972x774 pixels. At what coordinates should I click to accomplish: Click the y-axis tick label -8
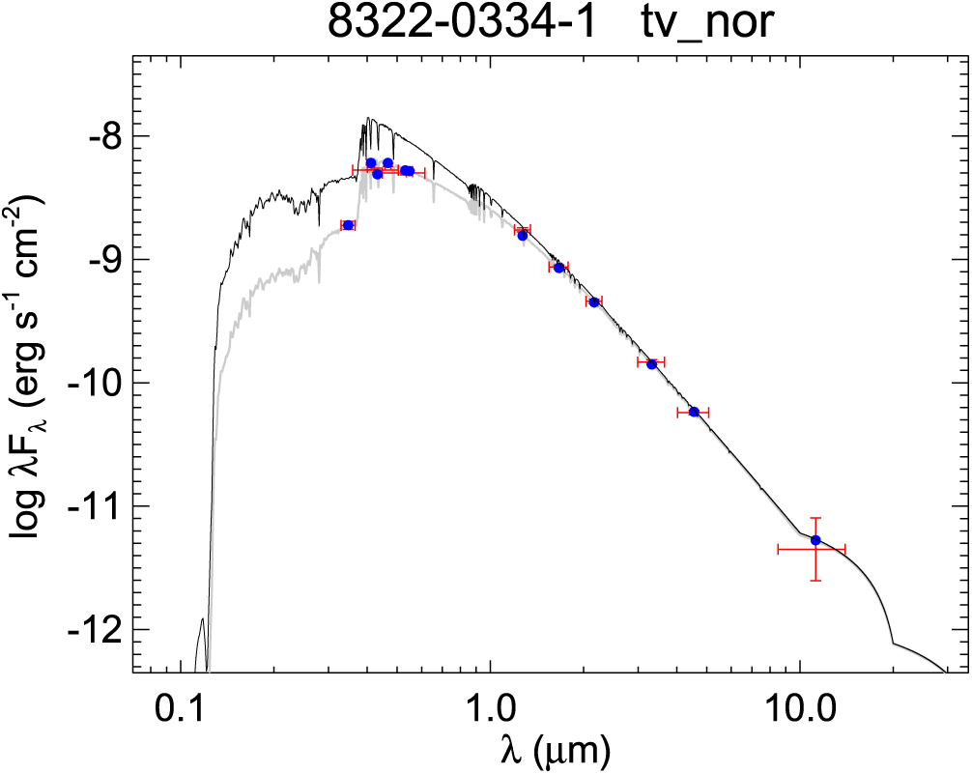click(99, 135)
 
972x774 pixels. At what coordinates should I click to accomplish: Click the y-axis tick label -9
click(99, 259)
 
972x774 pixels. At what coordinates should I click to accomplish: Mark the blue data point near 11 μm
click(815, 539)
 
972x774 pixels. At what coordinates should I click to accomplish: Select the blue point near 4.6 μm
click(694, 412)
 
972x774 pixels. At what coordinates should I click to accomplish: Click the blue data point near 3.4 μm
click(652, 363)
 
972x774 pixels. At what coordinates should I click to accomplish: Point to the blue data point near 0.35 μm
click(348, 225)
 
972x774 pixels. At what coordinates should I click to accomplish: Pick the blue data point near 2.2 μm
click(593, 301)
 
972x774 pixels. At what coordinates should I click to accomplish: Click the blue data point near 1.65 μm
click(558, 267)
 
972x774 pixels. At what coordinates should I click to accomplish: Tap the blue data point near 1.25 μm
click(523, 235)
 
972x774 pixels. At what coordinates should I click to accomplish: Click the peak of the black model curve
click(368, 119)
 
